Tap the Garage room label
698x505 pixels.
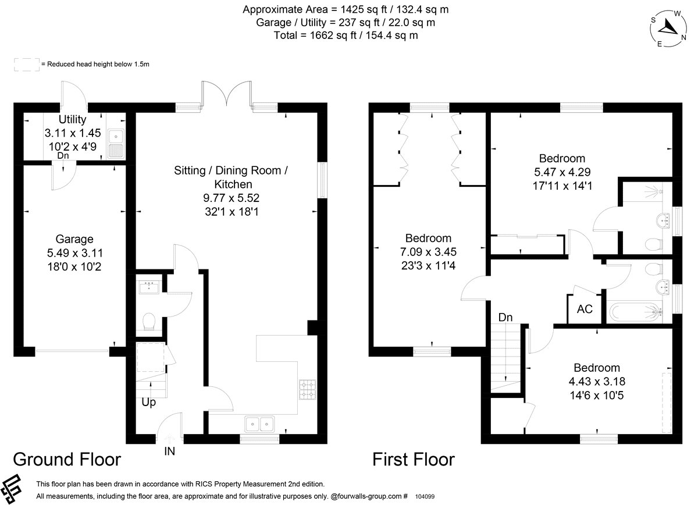(x=74, y=239)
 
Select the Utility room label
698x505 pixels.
(x=72, y=119)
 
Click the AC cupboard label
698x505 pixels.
(x=585, y=309)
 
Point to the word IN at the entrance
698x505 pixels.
(x=169, y=451)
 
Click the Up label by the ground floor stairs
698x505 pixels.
(x=149, y=402)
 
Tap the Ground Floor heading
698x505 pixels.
(x=67, y=460)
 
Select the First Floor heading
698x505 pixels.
(x=414, y=460)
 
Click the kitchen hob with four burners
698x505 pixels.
(x=308, y=390)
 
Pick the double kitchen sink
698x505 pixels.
(x=259, y=424)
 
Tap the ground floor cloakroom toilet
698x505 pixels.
(x=149, y=321)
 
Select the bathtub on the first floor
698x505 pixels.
(x=636, y=312)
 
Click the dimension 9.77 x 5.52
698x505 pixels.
(x=232, y=198)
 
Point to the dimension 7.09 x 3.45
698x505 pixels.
(x=428, y=252)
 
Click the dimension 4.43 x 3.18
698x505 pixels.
(x=597, y=382)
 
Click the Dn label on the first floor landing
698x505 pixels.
(x=505, y=317)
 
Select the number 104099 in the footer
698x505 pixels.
(x=425, y=496)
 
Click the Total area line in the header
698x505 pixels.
(x=346, y=35)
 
